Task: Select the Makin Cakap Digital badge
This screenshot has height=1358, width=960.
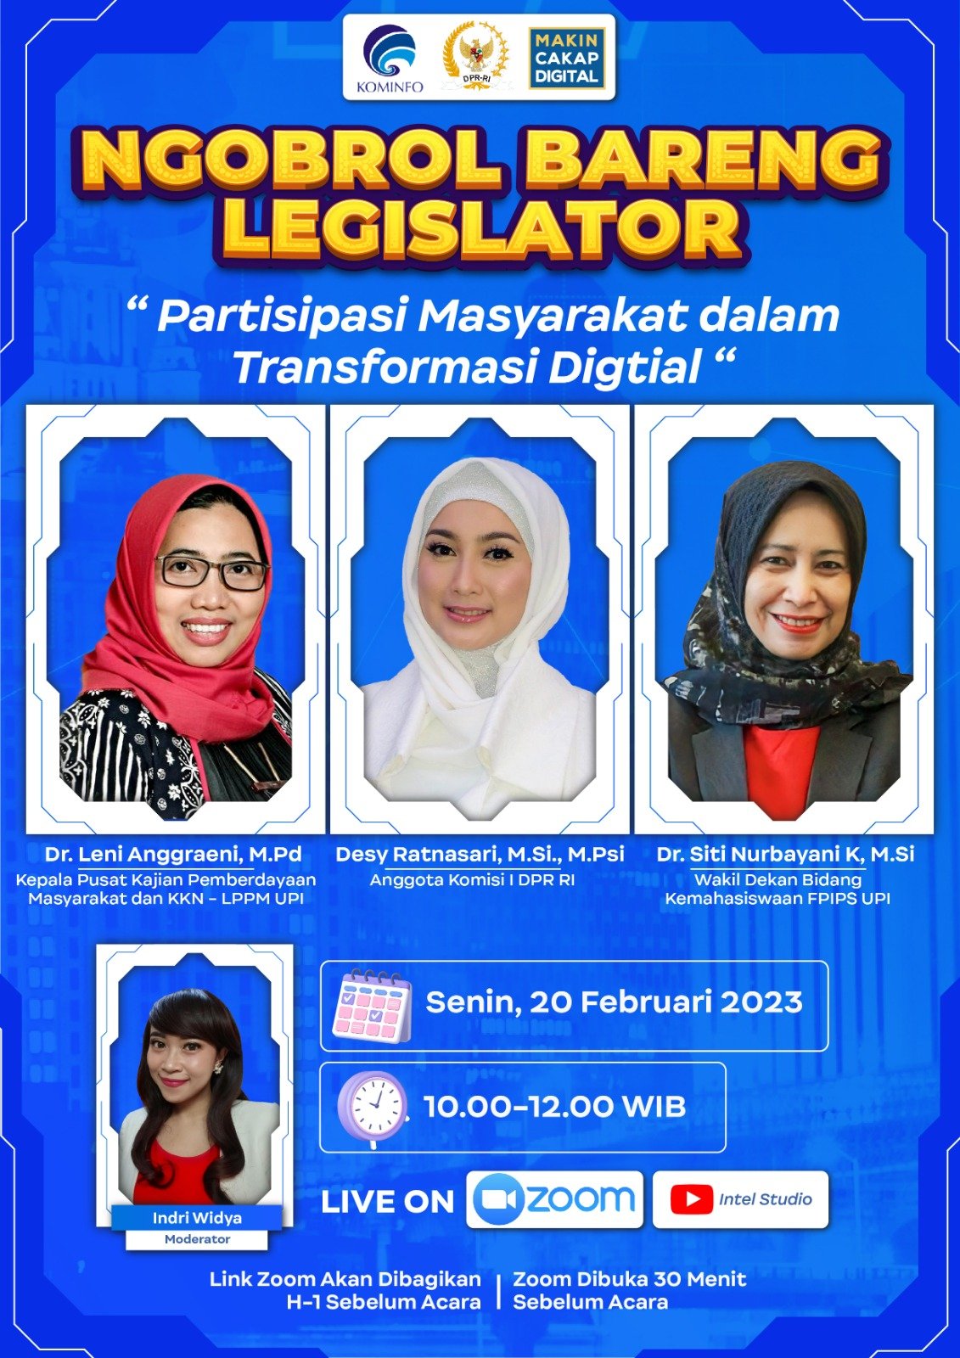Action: point(566,59)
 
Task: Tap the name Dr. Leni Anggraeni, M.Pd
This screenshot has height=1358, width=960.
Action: point(173,854)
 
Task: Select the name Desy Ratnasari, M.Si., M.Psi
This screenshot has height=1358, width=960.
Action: point(480,854)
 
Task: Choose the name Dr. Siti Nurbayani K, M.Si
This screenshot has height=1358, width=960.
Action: point(785,854)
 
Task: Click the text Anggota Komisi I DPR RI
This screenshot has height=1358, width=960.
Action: point(473,879)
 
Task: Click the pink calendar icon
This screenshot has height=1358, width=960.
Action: point(372,1005)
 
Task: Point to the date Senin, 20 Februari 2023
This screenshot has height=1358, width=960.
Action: point(614,1002)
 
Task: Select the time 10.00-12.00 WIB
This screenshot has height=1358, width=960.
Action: point(555,1107)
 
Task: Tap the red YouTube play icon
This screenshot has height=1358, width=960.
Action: point(691,1199)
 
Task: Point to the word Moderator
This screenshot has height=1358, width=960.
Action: point(197,1240)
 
